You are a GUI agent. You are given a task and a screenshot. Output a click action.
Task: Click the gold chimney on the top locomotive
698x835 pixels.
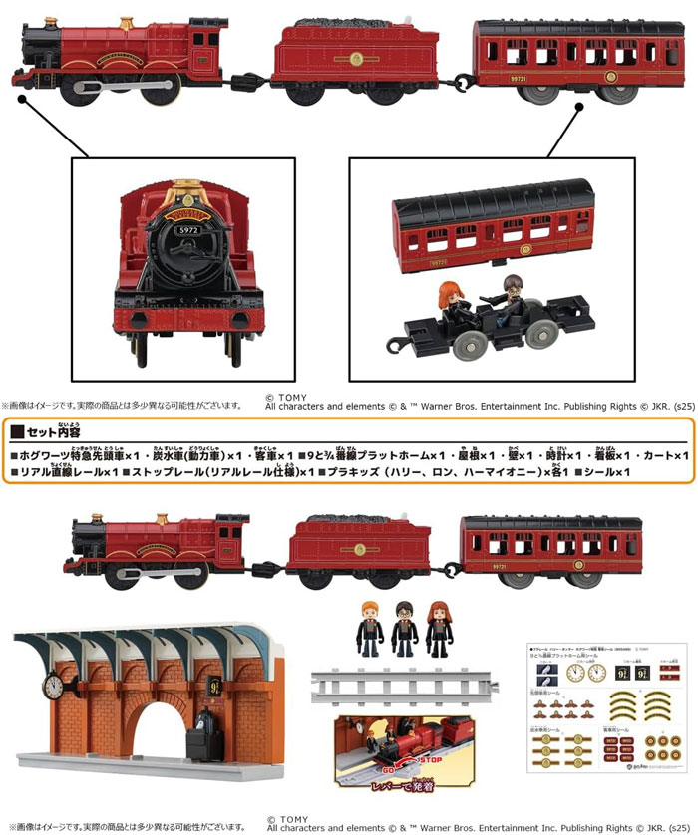126,22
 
